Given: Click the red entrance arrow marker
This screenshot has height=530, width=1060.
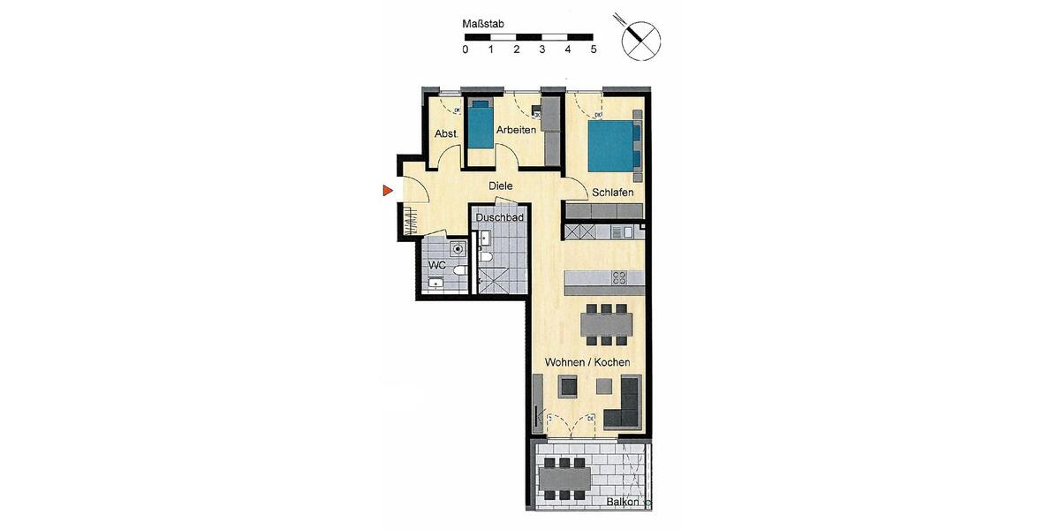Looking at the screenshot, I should pyautogui.click(x=386, y=190).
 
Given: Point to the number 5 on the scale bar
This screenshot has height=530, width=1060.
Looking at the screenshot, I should pyautogui.click(x=594, y=49).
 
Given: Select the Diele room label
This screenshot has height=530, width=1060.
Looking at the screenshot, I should pyautogui.click(x=501, y=186).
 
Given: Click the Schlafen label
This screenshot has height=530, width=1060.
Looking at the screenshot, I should pyautogui.click(x=612, y=192).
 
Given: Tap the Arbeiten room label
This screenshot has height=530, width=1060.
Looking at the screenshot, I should pyautogui.click(x=516, y=130).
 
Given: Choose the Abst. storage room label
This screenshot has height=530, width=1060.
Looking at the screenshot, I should pyautogui.click(x=444, y=134).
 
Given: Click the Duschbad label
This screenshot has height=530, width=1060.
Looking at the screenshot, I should pyautogui.click(x=500, y=217).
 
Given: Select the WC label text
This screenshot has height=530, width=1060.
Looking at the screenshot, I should pyautogui.click(x=437, y=265).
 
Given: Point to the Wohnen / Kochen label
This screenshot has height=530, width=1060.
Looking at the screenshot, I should pyautogui.click(x=587, y=363).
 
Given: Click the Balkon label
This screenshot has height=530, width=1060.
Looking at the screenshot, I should pyautogui.click(x=624, y=503).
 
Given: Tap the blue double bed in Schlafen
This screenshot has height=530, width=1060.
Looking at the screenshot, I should pyautogui.click(x=612, y=146).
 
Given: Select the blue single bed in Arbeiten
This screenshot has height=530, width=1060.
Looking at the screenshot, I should pyautogui.click(x=480, y=125).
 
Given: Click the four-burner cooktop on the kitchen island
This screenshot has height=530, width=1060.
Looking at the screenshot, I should pyautogui.click(x=620, y=277).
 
